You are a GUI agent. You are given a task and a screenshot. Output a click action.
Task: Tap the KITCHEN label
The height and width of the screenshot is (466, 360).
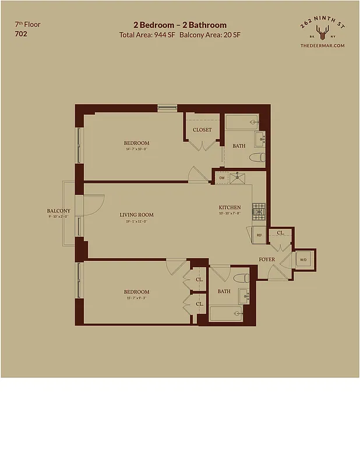[230, 207]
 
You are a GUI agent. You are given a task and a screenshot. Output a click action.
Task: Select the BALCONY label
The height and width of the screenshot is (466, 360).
[59, 211]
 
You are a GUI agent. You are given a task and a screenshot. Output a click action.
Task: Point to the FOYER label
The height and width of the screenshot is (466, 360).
[267, 259]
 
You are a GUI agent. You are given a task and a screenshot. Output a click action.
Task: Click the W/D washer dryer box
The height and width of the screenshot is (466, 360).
[303, 259]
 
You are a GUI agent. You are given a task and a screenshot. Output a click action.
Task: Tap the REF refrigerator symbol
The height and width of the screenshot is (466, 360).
[259, 235]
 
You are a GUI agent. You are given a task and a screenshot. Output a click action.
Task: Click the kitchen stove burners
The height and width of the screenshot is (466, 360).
[259, 208]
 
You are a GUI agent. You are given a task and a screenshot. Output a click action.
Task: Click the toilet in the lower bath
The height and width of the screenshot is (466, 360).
[241, 277]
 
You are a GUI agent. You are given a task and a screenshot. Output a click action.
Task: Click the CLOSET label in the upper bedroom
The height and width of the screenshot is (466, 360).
[202, 130]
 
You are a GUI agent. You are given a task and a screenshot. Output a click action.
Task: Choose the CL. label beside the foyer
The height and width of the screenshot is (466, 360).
[281, 233]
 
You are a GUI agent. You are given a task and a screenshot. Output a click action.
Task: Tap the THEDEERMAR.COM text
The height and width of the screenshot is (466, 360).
[322, 45]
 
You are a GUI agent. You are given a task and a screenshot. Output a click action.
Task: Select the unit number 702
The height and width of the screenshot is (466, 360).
[21, 34]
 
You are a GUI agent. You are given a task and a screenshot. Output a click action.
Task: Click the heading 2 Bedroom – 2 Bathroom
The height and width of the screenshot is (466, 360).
[180, 25]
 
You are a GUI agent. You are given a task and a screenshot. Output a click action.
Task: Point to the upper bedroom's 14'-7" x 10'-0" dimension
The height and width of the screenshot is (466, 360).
[136, 149]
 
